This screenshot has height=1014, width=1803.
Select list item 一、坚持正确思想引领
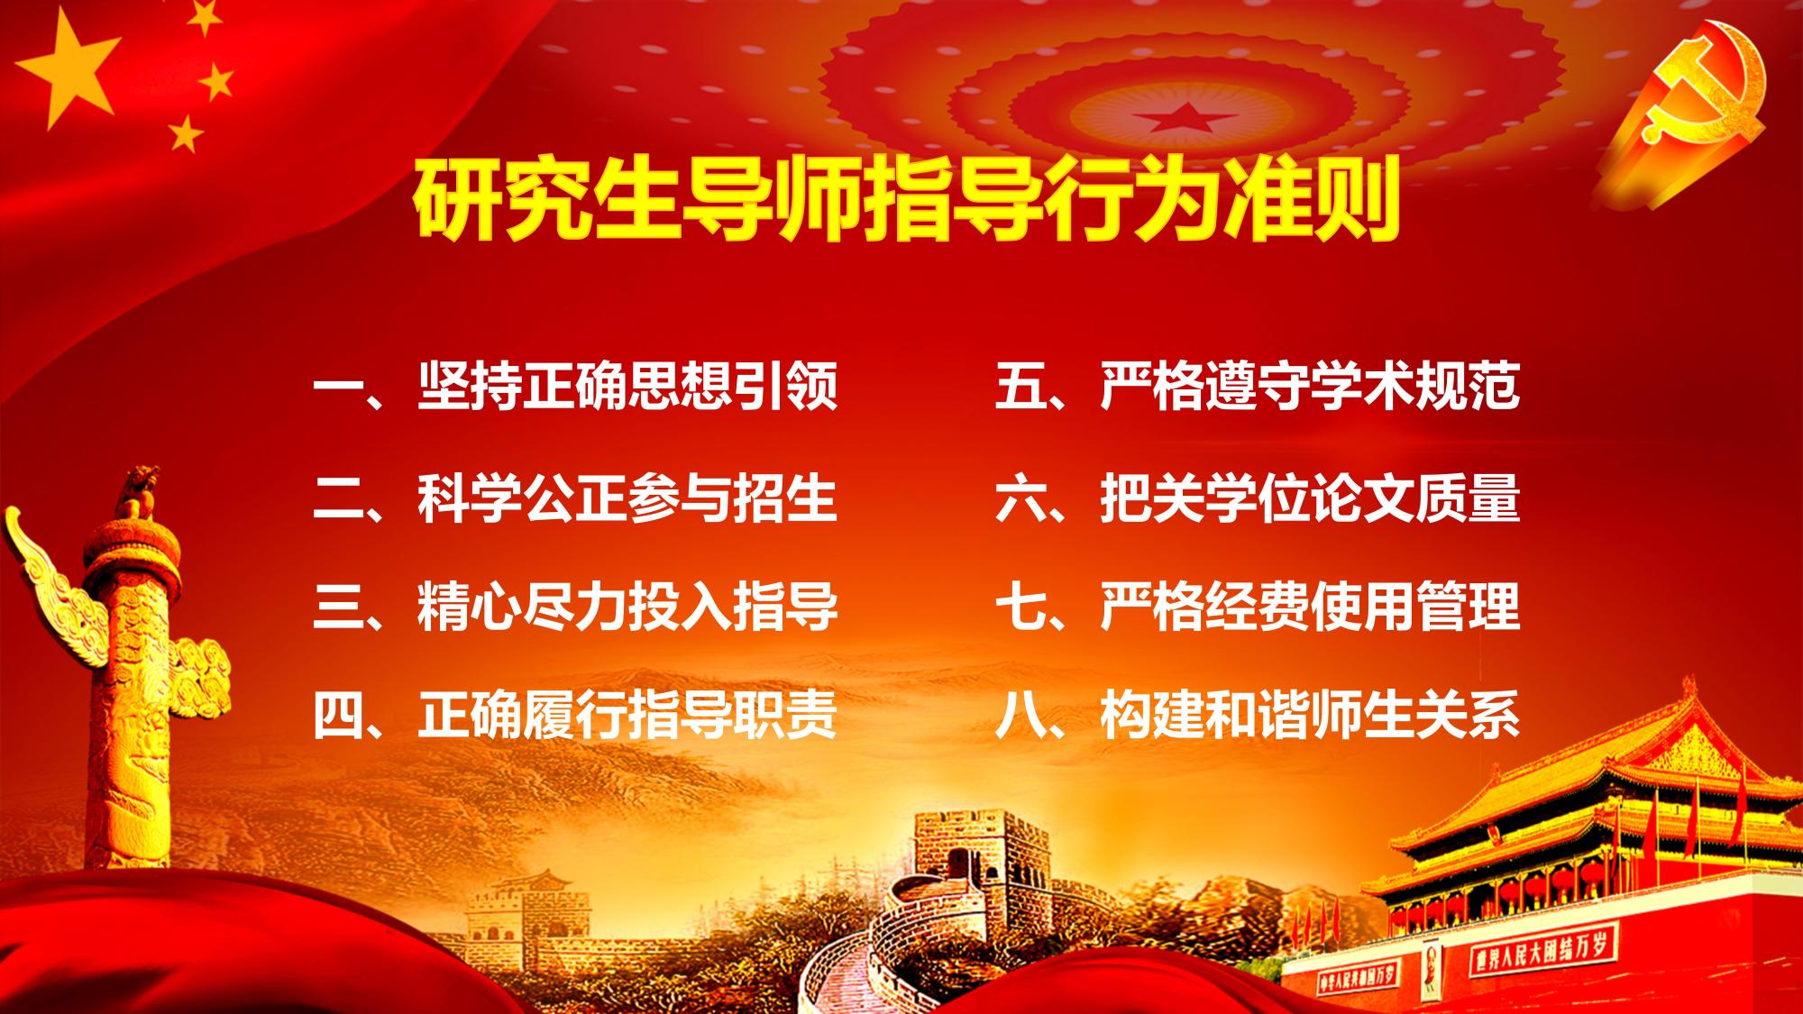[576, 387]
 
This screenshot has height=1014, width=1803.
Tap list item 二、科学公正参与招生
[576, 498]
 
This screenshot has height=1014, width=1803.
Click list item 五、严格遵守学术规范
[1258, 387]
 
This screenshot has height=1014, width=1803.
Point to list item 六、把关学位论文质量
[1258, 498]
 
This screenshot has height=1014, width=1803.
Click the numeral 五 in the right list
[1020, 388]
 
